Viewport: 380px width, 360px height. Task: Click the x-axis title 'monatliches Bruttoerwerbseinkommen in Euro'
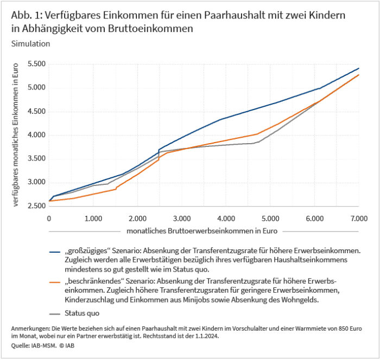[202, 230]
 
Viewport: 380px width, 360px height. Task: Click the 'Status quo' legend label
[83, 313]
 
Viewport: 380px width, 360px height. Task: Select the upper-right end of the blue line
[359, 68]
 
